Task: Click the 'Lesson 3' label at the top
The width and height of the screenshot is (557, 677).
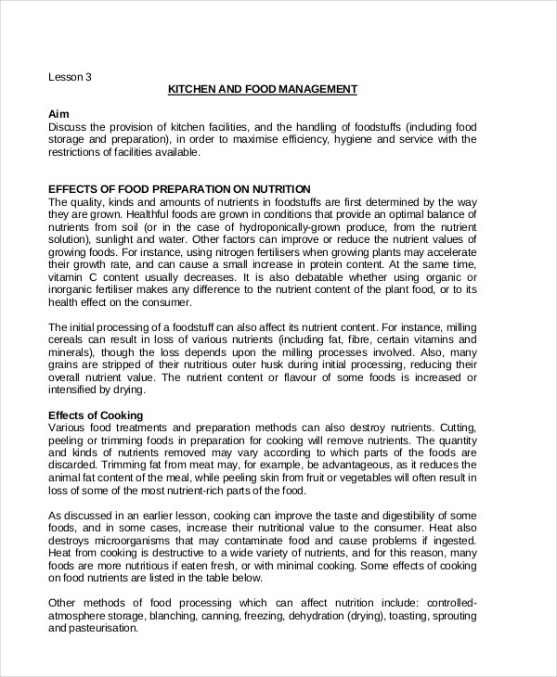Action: tap(70, 77)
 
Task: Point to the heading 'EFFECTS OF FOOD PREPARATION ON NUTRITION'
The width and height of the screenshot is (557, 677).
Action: tap(178, 188)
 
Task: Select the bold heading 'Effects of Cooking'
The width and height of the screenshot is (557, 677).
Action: tap(95, 415)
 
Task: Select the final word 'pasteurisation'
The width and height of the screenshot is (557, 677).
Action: tap(91, 627)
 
